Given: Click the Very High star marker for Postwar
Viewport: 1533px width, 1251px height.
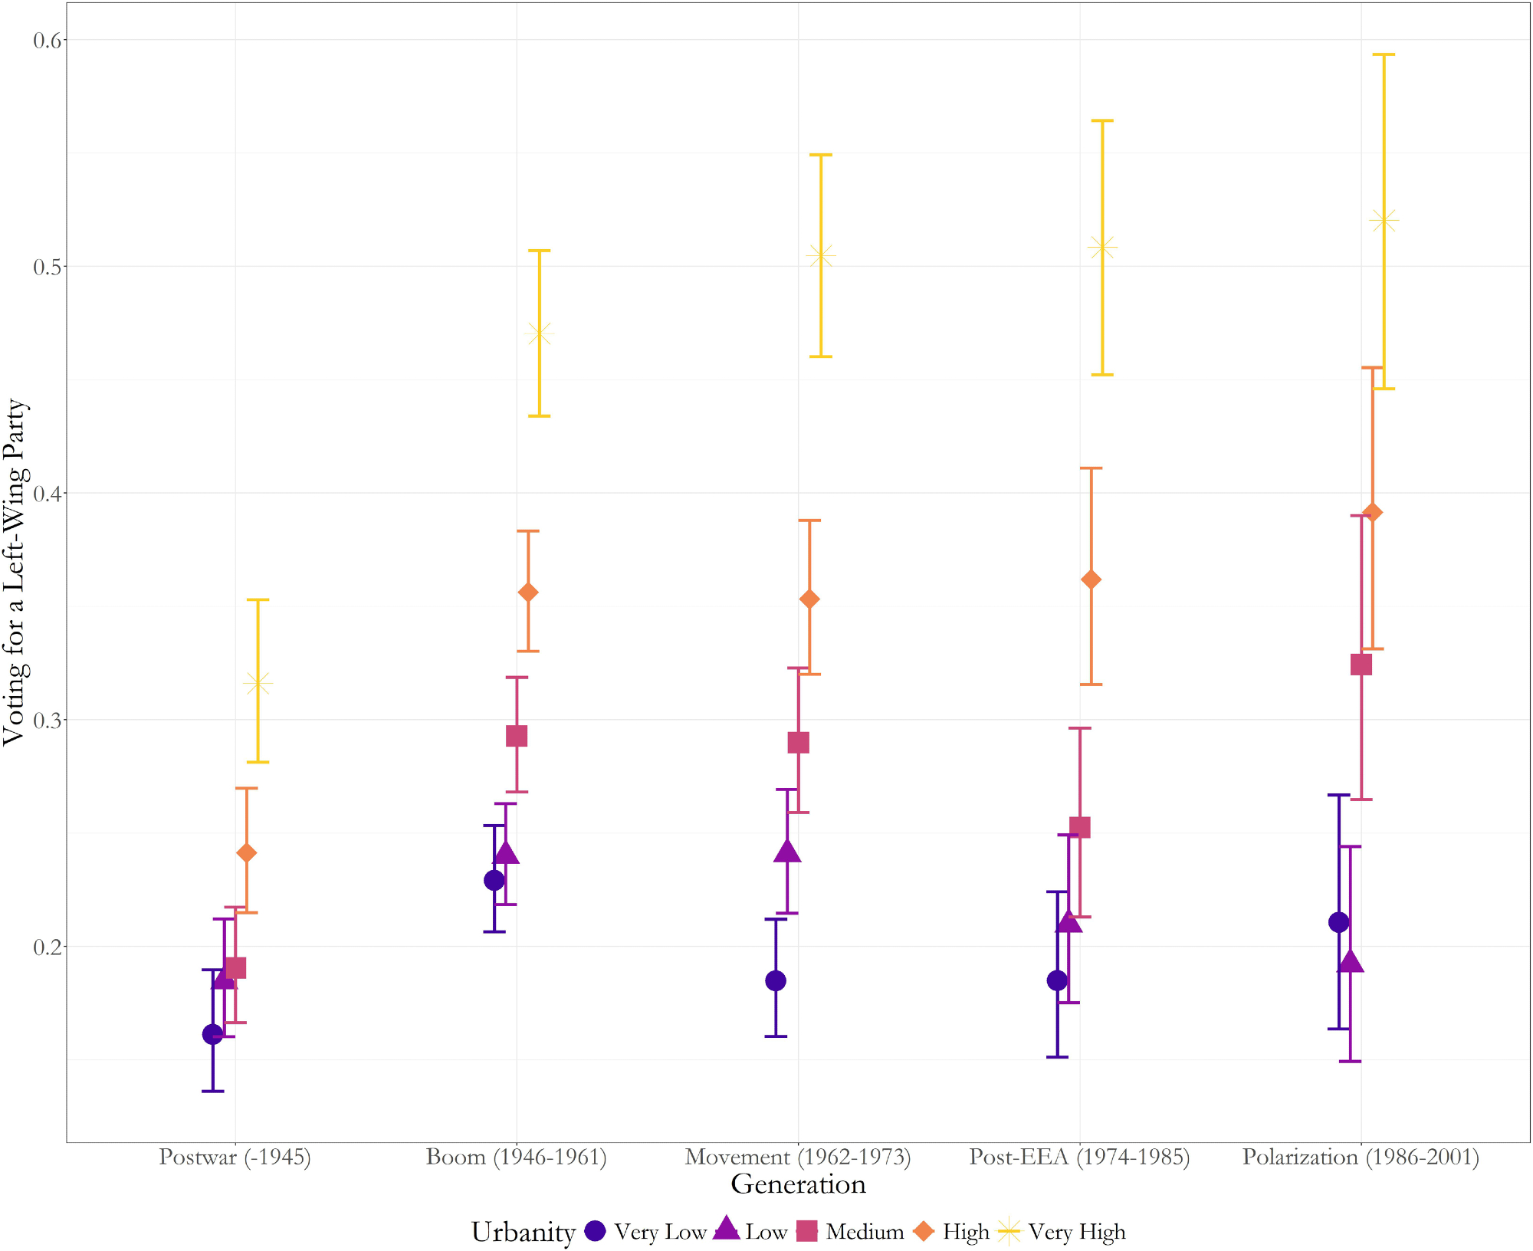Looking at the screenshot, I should [258, 682].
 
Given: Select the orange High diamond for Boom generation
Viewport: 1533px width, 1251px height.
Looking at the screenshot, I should [528, 592].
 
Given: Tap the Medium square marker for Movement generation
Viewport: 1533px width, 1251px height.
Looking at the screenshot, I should [798, 742].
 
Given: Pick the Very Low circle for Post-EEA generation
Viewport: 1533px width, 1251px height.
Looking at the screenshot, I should [1057, 980].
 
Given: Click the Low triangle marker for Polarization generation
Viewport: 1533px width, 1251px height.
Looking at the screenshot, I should [1350, 962].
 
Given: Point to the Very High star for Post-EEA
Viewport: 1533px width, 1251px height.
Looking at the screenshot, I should [1102, 248].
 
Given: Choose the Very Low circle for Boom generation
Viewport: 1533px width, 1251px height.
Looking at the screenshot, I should [494, 880].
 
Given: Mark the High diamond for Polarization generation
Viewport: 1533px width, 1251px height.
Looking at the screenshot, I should [1373, 512].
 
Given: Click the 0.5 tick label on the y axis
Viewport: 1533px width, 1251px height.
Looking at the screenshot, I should [47, 267].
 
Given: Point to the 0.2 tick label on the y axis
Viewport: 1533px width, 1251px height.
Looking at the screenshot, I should [47, 947].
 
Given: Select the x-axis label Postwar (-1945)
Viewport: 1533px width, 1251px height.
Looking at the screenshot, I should [235, 1156].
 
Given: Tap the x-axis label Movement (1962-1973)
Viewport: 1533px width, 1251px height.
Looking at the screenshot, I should [798, 1156].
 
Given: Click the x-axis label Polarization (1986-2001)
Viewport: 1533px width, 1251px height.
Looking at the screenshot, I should [1361, 1156].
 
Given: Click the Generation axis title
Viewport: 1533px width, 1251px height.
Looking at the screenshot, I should [798, 1184].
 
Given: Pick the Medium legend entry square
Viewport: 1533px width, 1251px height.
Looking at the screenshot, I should [807, 1231].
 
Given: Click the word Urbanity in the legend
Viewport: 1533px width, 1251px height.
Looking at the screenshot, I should [524, 1232].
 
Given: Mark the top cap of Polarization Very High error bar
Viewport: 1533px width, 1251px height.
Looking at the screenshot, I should [1384, 54].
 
